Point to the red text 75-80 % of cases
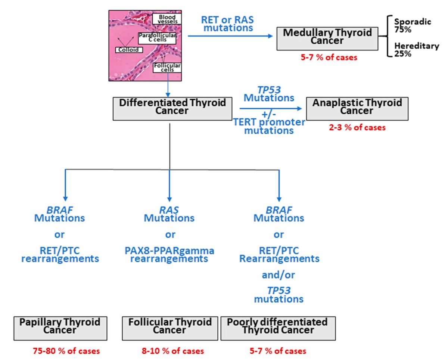click(66, 351)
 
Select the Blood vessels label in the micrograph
click(167, 19)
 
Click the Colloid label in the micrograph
click(129, 50)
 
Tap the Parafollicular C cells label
click(157, 38)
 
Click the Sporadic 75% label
click(412, 25)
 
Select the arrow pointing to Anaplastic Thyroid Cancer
click(270, 109)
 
